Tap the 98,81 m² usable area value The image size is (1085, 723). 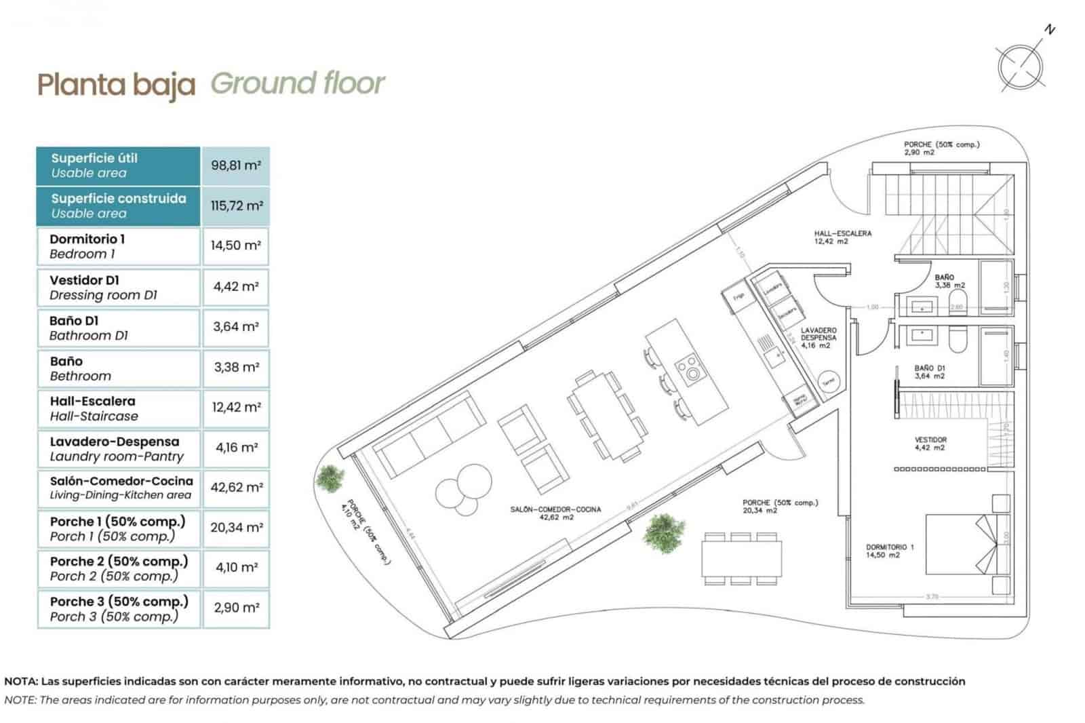[x=236, y=165]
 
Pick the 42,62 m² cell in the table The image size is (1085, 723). [x=236, y=488]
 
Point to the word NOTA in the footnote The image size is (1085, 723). [x=21, y=681]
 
